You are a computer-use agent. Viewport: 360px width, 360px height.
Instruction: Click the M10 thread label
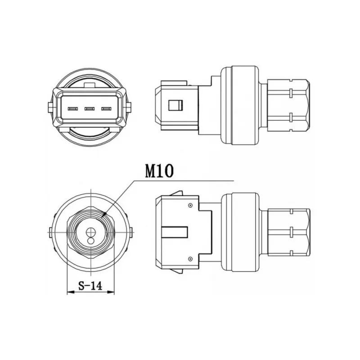[x=159, y=171]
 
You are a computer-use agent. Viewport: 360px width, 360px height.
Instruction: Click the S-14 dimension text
[x=90, y=286]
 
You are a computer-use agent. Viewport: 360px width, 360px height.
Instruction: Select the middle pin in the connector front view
[x=90, y=108]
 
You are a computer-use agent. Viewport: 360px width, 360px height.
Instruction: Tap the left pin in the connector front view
[x=73, y=108]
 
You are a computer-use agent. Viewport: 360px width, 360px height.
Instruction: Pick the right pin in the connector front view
[x=106, y=108]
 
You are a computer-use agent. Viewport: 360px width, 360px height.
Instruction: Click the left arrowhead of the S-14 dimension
[x=71, y=292]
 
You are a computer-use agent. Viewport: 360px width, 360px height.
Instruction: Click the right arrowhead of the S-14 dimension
[x=111, y=292]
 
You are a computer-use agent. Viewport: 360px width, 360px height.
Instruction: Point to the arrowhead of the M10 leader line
[x=104, y=215]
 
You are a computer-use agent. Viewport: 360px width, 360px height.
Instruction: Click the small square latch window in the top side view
[x=175, y=105]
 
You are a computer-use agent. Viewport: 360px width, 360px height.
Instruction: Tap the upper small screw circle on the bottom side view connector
[x=190, y=205]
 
